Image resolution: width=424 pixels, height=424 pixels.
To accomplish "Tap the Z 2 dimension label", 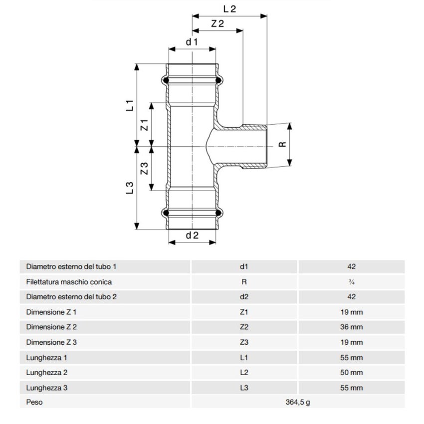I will click(217, 23).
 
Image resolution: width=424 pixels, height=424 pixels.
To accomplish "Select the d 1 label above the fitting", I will click(192, 42).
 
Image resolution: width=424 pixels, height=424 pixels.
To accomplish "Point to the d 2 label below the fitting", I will click(192, 235).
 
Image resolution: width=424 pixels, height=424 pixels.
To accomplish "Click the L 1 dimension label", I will click(129, 105).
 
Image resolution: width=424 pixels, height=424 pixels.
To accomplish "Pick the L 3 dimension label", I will click(129, 188).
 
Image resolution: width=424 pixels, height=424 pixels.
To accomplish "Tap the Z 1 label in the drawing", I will click(144, 125).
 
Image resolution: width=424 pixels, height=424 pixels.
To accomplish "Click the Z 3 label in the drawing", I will click(144, 169).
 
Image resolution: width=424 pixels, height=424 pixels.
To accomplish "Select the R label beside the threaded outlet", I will click(282, 144).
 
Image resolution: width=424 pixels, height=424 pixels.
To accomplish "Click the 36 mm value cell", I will click(352, 327).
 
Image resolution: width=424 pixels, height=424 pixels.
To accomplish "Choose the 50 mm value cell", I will click(352, 373).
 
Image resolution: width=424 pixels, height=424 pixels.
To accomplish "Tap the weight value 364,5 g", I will click(298, 403).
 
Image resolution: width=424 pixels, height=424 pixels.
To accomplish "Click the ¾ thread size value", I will click(352, 282).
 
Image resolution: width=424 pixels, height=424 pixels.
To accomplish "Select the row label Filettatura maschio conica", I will click(69, 282).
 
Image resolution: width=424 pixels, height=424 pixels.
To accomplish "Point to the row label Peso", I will click(34, 403).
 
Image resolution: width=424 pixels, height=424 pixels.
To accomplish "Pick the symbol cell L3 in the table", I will click(244, 388).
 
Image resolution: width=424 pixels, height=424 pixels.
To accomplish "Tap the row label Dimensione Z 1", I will click(51, 312).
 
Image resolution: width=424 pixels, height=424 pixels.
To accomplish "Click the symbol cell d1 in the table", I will click(244, 267).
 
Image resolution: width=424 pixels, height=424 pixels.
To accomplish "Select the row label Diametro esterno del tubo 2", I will click(71, 297).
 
